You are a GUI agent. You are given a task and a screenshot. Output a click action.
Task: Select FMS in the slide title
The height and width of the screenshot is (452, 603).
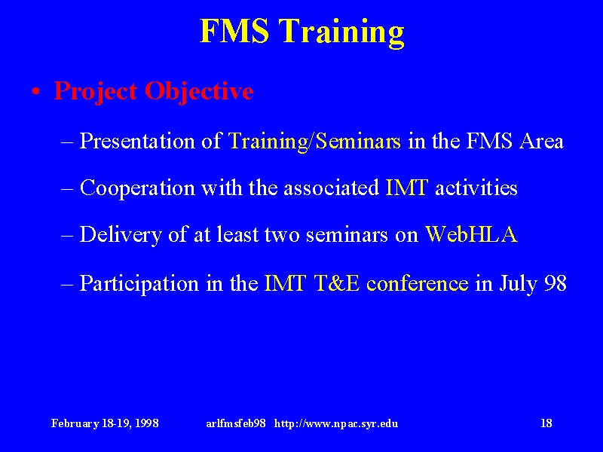tap(234, 30)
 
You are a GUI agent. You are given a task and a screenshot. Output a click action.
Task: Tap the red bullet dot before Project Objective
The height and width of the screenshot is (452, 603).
tap(35, 92)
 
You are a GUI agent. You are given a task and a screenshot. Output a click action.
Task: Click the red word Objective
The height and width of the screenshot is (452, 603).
tap(199, 92)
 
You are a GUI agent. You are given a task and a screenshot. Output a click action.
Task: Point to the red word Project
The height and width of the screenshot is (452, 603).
tap(96, 92)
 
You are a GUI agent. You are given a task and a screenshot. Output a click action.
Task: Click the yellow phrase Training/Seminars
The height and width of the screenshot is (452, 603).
tap(314, 141)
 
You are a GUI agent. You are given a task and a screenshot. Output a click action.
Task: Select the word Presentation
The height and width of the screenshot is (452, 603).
tap(137, 141)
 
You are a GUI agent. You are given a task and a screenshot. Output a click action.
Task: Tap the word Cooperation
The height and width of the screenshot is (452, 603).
tap(137, 189)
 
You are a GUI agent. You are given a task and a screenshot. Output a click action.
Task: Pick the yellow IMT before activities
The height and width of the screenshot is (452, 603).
tap(406, 188)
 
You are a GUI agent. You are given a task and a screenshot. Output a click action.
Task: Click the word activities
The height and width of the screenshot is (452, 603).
tap(476, 188)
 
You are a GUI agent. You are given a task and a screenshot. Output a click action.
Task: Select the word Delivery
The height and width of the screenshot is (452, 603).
tap(121, 235)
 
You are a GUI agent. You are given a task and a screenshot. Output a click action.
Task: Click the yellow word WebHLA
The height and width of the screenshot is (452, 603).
tap(471, 234)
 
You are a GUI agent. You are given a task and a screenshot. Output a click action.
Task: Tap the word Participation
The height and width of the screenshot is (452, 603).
tap(139, 284)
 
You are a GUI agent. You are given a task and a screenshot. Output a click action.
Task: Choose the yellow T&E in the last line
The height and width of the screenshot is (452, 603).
tap(337, 283)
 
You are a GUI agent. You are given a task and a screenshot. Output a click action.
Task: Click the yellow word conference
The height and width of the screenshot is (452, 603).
tap(418, 284)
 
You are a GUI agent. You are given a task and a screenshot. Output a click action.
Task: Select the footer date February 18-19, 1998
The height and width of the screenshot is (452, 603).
tap(105, 423)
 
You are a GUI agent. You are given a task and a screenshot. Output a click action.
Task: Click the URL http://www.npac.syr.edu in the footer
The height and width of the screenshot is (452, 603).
tap(336, 423)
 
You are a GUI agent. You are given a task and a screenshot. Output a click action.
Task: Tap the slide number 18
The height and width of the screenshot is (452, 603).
tap(546, 423)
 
